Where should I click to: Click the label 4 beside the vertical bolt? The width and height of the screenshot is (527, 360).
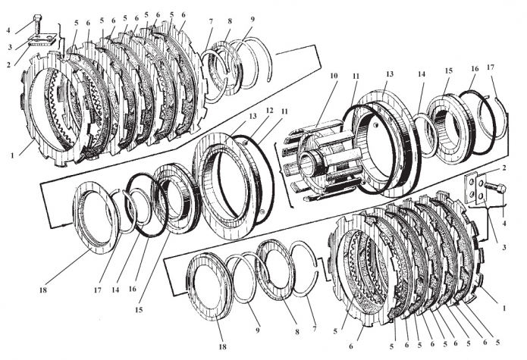pos(8,30)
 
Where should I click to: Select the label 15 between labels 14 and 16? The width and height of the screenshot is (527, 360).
pos(448,70)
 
